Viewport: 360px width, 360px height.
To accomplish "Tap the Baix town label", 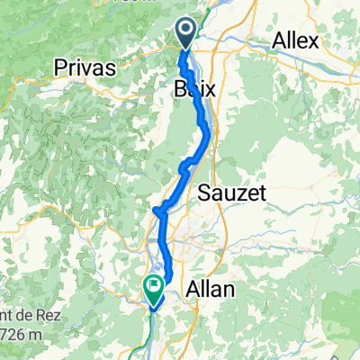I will click(x=192, y=88).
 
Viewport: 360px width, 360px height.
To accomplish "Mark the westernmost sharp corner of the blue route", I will click(x=157, y=211).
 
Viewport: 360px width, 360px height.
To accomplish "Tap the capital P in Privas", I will click(x=61, y=67).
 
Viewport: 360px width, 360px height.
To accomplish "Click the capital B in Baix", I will click(x=177, y=88).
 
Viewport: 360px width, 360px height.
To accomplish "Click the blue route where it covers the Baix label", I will click(x=194, y=90).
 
